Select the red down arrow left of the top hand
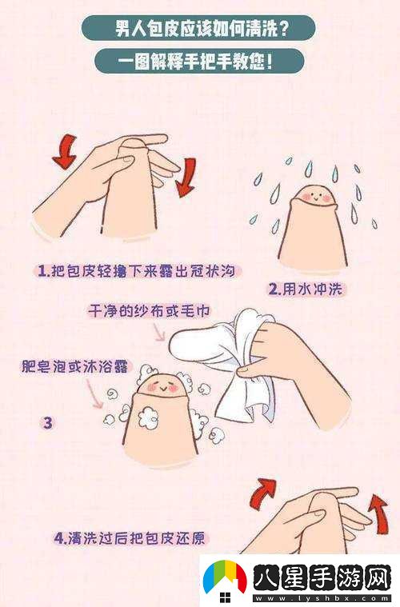pos(65,154)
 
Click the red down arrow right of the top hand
pos(186,176)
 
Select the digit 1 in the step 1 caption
pos(44,272)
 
